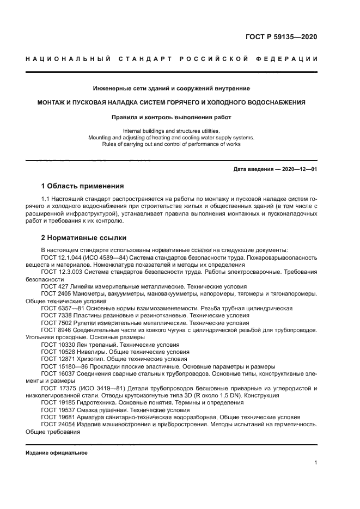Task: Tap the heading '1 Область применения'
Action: pos(83,186)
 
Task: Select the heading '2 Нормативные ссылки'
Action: pos(83,238)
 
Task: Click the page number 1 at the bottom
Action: pos(316,463)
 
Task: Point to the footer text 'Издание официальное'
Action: pos(56,453)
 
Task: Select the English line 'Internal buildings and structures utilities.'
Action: pos(170,131)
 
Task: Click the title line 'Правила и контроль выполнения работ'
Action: pos(170,116)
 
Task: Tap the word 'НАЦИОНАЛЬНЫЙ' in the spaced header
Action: pos(64,59)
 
